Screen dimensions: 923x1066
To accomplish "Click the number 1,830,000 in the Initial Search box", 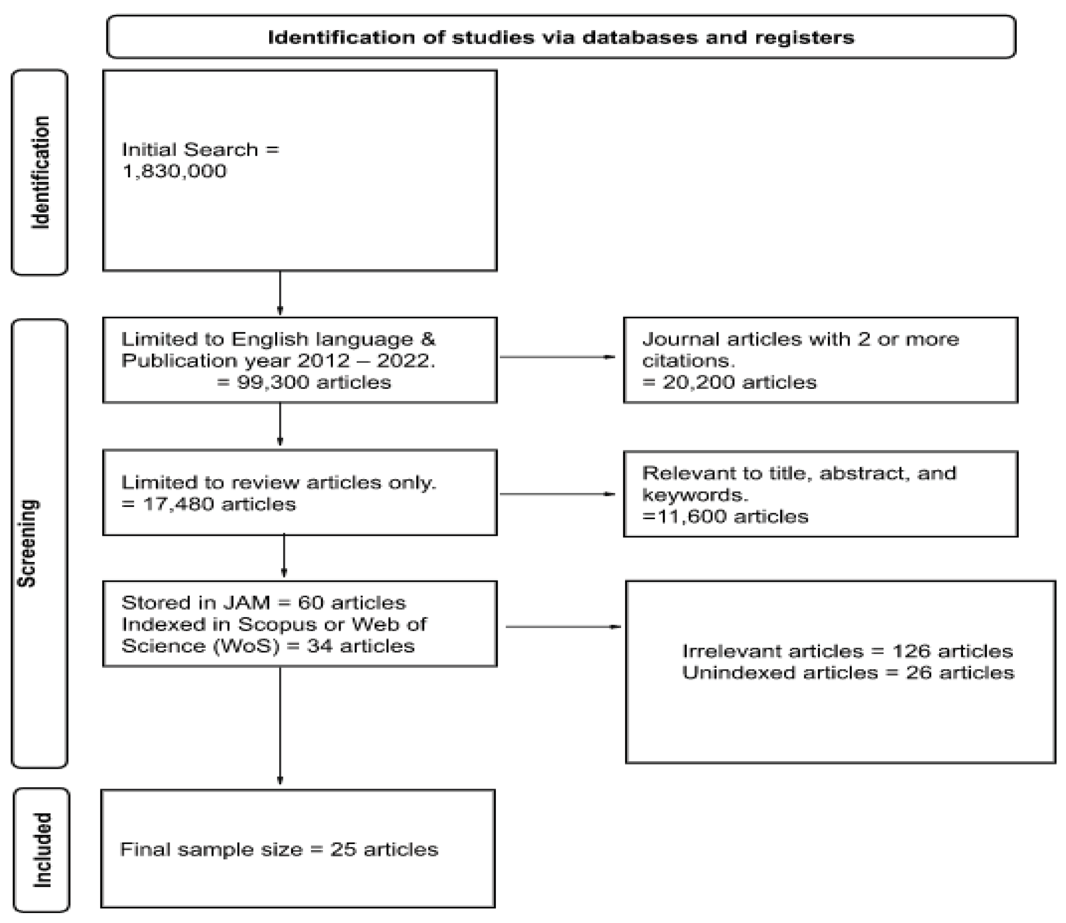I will tap(174, 171).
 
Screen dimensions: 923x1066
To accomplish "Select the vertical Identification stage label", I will tap(40, 173).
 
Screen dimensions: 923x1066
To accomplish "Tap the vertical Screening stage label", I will tap(27, 543).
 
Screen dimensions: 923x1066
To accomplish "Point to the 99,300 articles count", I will tap(304, 382).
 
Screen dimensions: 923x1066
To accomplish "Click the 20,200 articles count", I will tap(729, 382).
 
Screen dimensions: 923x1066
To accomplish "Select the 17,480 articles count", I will tap(208, 504).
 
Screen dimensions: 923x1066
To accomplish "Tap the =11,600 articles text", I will tap(725, 516).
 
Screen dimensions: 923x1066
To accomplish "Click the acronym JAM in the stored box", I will tap(246, 603).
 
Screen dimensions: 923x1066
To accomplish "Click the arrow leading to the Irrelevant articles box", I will tap(563, 627).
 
